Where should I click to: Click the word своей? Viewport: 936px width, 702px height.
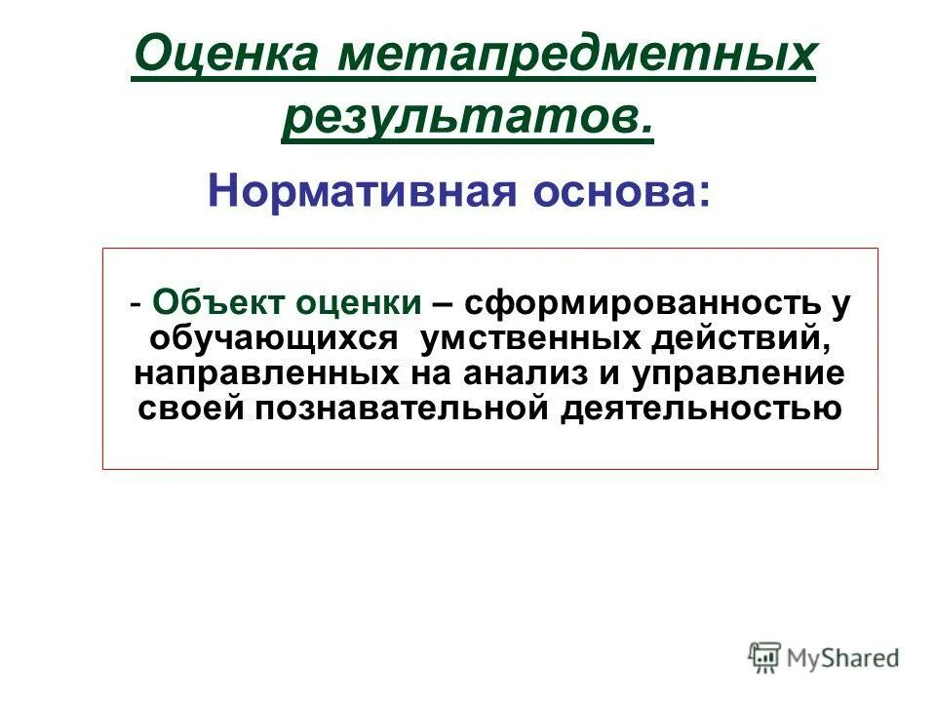click(x=191, y=408)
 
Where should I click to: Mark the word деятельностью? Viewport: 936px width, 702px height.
click(x=700, y=408)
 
